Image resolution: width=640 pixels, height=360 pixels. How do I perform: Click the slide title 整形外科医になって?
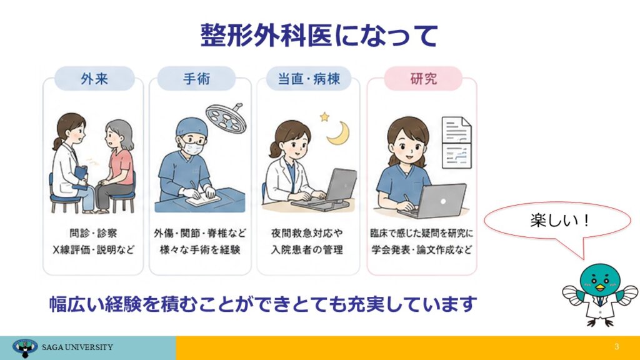319,36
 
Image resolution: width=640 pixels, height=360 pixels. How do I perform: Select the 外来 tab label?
94,78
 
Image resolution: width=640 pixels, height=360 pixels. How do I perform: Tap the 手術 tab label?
197,78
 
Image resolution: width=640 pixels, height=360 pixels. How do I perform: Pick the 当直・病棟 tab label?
309,78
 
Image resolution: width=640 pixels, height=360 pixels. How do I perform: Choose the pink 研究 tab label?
423,78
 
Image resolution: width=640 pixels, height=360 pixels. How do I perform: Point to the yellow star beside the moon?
324,117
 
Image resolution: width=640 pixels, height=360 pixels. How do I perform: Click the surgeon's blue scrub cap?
191,127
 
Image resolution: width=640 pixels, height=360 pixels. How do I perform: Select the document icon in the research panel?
457,142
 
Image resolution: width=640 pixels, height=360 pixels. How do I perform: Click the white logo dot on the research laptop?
443,201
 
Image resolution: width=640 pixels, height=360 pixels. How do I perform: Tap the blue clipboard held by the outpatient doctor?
81,178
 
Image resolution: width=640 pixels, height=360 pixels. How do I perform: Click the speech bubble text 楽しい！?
559,221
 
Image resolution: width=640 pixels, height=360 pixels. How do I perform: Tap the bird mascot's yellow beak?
599,287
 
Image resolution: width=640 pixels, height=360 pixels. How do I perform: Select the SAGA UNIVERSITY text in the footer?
77,347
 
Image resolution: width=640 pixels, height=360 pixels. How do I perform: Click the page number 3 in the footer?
617,346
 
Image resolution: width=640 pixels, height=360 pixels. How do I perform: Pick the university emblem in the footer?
25,347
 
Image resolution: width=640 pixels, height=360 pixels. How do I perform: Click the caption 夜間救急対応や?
307,233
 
